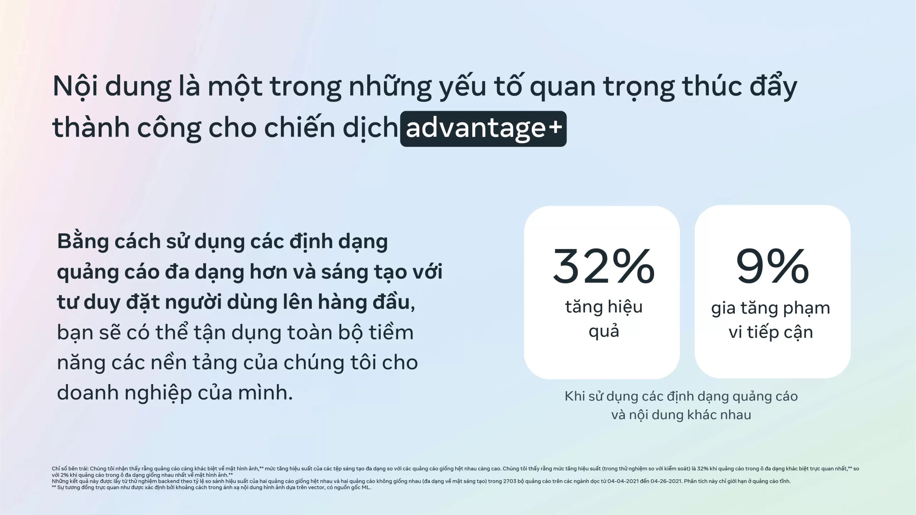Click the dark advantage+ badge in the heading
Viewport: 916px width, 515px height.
tap(483, 129)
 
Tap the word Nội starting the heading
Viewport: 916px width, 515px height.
tap(75, 87)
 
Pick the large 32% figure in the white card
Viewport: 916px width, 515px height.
tap(603, 266)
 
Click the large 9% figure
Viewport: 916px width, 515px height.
tap(772, 266)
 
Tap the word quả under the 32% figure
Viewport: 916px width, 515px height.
tap(604, 331)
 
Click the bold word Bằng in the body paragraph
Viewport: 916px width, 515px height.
tap(83, 242)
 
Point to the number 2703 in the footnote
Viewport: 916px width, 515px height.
tap(511, 481)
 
